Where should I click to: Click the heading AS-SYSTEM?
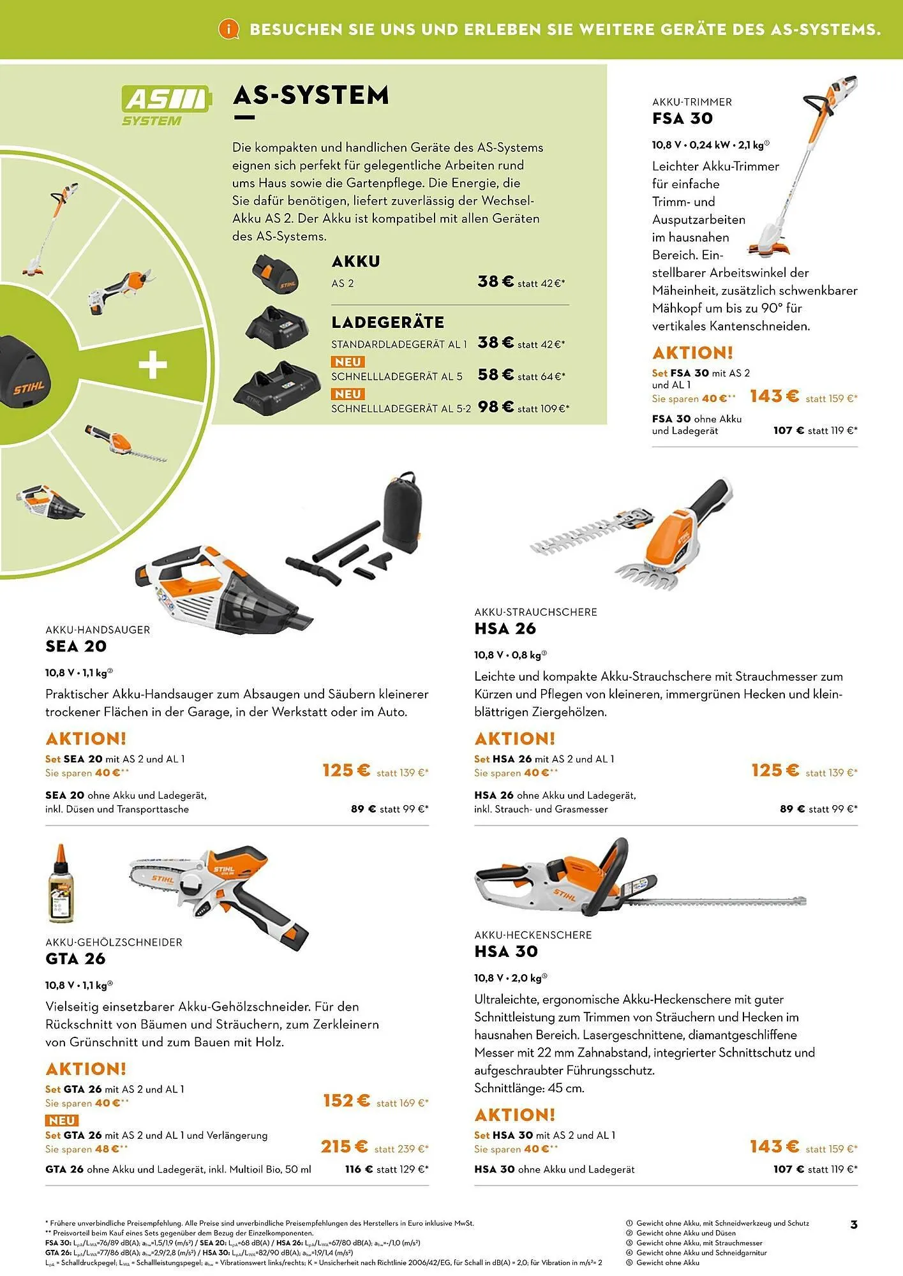pos(311,96)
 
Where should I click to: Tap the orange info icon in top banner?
pos(228,29)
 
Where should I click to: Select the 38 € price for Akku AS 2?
pos(495,281)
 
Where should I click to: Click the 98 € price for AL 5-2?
pos(495,406)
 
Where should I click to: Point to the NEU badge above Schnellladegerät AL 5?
pos(348,362)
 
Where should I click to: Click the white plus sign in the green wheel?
pos(153,366)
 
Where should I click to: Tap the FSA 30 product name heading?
pos(682,119)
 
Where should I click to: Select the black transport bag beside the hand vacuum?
pos(401,508)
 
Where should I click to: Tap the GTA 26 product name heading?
pos(75,959)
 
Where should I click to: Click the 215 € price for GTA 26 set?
pos(344,1147)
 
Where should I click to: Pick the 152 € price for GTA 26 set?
pos(346,1101)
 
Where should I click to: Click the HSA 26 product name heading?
pos(505,629)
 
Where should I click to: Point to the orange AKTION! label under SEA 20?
pos(86,739)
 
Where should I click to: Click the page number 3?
pos(854,1224)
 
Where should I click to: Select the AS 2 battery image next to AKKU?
pos(275,272)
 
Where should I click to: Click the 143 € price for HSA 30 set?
pos(774,1146)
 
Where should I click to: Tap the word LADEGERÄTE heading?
pos(387,323)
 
